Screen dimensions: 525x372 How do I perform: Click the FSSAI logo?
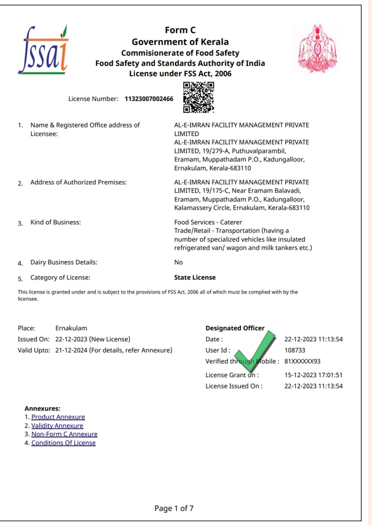(43, 49)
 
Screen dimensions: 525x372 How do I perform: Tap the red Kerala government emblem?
(317, 49)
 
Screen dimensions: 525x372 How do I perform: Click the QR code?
(198, 97)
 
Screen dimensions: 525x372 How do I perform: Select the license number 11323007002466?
(148, 99)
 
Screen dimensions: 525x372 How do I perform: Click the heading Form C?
(180, 30)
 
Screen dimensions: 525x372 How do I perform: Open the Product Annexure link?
(58, 417)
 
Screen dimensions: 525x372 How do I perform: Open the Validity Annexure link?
(57, 425)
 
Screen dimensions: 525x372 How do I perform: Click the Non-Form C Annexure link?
(64, 434)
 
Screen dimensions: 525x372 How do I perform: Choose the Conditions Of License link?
(63, 443)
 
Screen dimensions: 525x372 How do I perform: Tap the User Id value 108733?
(295, 350)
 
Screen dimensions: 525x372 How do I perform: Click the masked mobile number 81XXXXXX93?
(302, 361)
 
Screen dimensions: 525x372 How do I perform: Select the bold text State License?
(195, 278)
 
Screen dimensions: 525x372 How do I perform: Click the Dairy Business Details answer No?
(178, 262)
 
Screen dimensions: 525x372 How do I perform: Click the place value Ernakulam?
(71, 328)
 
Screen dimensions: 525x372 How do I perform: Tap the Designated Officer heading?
(235, 328)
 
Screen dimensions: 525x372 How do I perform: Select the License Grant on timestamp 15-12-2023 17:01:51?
(314, 375)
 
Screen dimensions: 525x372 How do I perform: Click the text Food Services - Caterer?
(208, 222)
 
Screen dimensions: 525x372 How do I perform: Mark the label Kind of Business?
(55, 222)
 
